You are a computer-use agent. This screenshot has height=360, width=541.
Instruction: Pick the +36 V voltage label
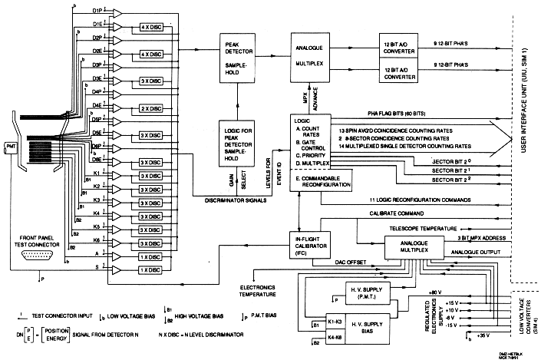[x=483, y=335]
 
